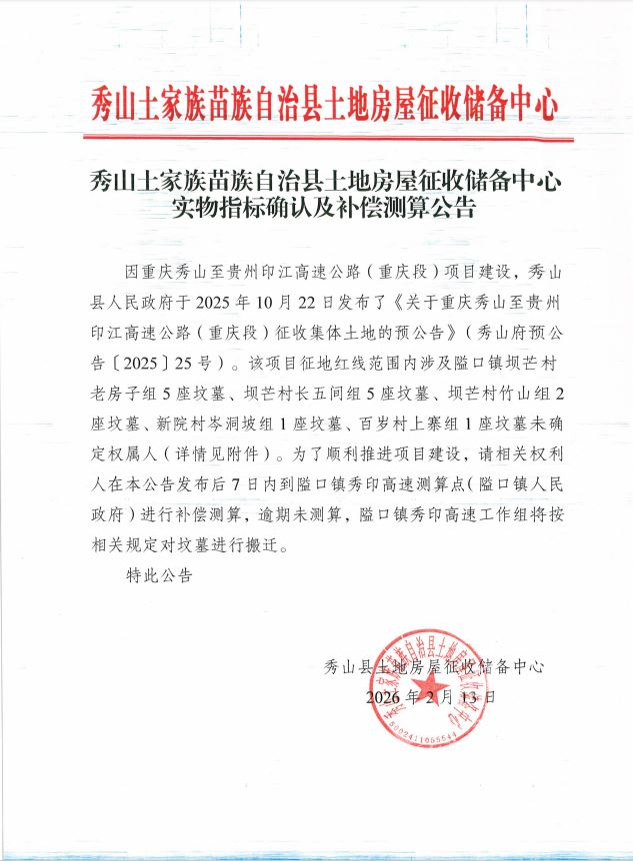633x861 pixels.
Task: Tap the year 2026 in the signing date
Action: pyautogui.click(x=388, y=696)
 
